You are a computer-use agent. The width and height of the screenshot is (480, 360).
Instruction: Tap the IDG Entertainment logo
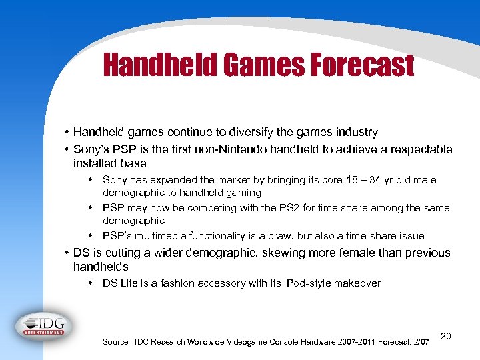coord(44,325)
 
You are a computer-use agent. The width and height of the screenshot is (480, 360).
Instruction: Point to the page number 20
coord(446,336)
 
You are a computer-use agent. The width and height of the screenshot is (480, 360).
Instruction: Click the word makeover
coord(357,283)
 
